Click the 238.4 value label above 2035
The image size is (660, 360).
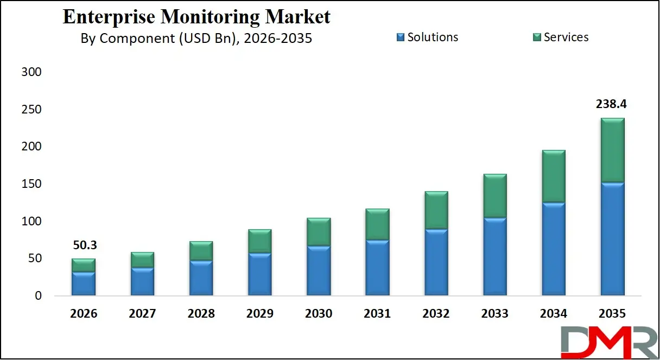pos(612,104)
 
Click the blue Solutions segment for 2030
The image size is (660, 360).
pos(319,270)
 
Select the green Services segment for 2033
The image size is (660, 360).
pos(495,195)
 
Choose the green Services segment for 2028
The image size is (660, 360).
pos(201,251)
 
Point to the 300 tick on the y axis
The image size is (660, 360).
pos(31,72)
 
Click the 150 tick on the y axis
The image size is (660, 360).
pos(31,184)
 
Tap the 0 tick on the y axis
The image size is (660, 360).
pos(37,296)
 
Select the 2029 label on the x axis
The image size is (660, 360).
pos(259,314)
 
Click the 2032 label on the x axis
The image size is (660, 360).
pos(436,314)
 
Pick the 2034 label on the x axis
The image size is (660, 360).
pos(553,314)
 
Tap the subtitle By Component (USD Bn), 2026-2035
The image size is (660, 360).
pos(196,39)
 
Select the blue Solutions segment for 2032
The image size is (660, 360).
pos(436,262)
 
